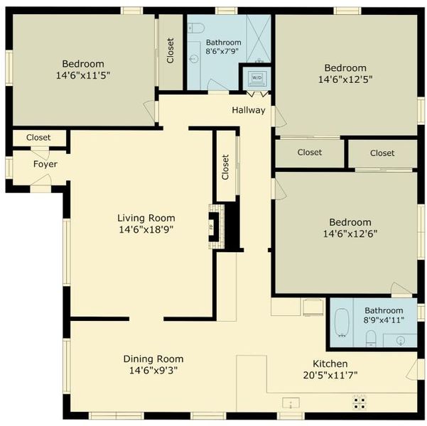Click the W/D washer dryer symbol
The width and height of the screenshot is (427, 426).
(x=256, y=78)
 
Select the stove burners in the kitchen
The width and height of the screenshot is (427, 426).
(x=360, y=403)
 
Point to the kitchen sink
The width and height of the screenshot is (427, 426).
(x=291, y=403)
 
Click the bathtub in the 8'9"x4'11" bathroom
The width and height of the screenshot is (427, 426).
(x=342, y=322)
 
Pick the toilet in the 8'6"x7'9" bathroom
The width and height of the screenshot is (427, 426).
(x=196, y=28)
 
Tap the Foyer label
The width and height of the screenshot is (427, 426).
(x=45, y=164)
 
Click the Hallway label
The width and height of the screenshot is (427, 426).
(x=249, y=110)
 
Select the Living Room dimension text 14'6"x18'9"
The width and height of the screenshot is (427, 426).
(x=146, y=229)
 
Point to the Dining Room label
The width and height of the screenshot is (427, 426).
(x=153, y=359)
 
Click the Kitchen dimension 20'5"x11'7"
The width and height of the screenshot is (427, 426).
(x=330, y=376)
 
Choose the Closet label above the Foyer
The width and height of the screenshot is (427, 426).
(x=38, y=138)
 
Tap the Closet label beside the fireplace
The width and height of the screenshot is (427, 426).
(x=225, y=167)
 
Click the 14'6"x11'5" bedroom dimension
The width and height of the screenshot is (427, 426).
(x=83, y=75)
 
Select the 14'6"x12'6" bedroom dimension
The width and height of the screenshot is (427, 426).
(x=350, y=234)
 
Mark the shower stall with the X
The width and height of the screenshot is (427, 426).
(x=259, y=38)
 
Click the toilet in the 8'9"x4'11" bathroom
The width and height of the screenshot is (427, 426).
(x=371, y=338)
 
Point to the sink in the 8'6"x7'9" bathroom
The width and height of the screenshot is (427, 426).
(x=194, y=58)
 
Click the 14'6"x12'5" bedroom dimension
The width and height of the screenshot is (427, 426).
(x=345, y=80)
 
